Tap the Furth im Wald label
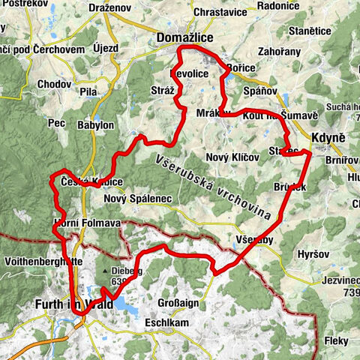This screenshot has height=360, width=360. [68, 305]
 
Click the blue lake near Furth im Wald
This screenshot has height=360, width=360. [124, 303]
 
